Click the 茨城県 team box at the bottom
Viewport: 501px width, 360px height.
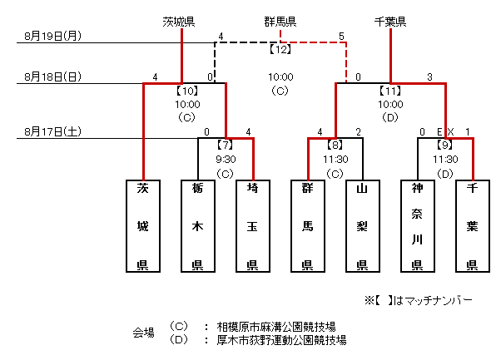click(143, 225)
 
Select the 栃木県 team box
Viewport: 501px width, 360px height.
click(198, 225)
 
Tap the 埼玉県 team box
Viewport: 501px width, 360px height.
click(252, 225)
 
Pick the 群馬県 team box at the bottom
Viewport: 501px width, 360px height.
click(307, 225)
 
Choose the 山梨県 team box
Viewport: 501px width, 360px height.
click(362, 225)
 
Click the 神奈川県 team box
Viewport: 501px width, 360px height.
click(417, 225)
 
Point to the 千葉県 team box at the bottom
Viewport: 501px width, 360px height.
click(472, 225)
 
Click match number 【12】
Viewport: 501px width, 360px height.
click(280, 50)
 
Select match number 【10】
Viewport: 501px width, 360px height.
click(188, 90)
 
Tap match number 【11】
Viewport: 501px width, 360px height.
click(390, 90)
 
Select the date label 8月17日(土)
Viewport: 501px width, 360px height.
click(52, 131)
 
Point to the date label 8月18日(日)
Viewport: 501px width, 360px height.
click(52, 77)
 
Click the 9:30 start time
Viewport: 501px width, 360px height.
click(225, 159)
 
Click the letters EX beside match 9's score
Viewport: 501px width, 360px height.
click(445, 131)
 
